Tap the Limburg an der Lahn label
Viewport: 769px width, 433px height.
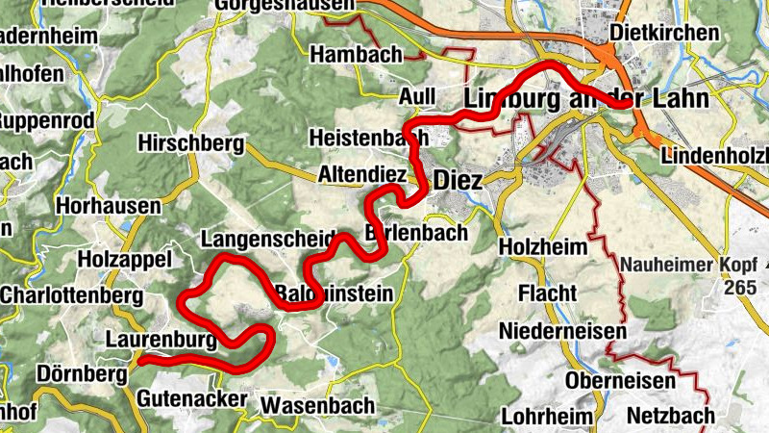tap(585, 99)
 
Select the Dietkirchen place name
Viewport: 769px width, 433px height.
tap(664, 34)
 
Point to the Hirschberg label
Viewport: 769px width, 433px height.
tap(190, 143)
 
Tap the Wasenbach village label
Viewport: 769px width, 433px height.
tap(316, 404)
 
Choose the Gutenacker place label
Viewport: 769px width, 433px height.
tap(184, 397)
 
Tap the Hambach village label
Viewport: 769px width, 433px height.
tap(357, 55)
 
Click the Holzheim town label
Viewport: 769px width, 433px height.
tap(543, 247)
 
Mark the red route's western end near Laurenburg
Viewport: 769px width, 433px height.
tap(140, 361)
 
